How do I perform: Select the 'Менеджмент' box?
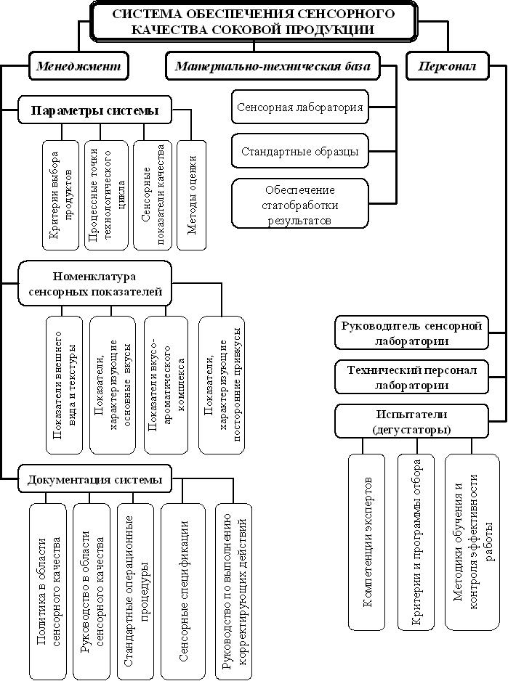78,66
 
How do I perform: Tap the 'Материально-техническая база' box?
273,66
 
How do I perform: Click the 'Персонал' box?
447,66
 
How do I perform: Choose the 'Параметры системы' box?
94,110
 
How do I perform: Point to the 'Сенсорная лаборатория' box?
300,107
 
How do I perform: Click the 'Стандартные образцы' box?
300,152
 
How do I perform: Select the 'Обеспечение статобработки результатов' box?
300,204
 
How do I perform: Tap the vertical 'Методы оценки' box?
191,195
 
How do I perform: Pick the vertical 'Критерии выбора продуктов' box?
61,195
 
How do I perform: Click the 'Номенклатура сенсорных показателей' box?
94,284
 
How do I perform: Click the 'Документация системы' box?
94,479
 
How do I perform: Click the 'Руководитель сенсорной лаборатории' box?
411,333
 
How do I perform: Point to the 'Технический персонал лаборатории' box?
411,378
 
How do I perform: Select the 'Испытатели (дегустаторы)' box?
411,422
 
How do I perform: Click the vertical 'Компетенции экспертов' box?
367,542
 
